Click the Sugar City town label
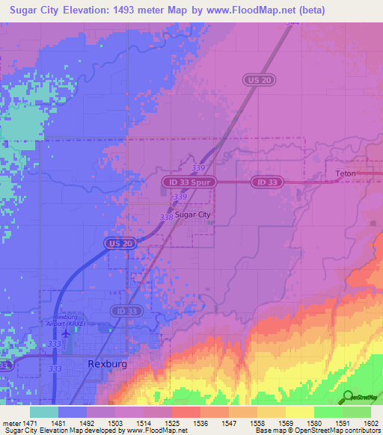coord(194,215)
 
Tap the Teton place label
coord(346,173)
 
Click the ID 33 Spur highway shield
coord(189,182)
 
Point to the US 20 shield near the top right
coord(256,78)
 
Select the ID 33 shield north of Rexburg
coord(125,310)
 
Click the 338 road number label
coord(166,217)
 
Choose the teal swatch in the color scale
coord(44,412)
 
